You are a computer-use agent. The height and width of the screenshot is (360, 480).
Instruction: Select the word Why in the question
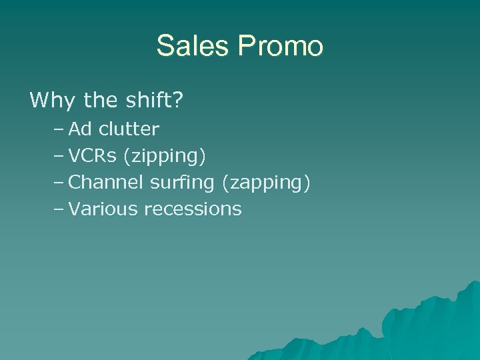tap(53, 101)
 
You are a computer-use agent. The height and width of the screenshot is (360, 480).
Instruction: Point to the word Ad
tap(81, 128)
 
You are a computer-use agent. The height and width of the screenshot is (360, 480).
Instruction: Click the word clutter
tap(129, 128)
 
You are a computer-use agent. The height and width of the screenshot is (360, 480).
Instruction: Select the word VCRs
tap(93, 155)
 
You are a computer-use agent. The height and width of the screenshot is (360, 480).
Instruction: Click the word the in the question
tap(101, 101)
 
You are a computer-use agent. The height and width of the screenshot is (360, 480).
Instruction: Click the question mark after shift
tap(179, 101)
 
